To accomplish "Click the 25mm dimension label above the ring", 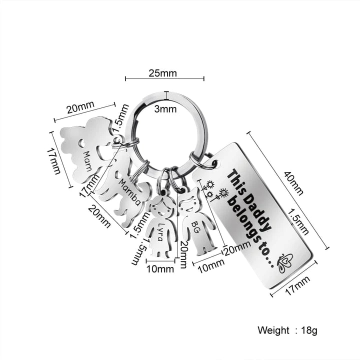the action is coord(163,73).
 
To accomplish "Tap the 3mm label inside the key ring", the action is coord(165,109).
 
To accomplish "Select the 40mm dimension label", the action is coord(294,183).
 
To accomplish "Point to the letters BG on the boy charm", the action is coord(195,227).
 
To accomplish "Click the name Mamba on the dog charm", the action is coord(129,192).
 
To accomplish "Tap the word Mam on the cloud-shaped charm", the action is coord(87,161).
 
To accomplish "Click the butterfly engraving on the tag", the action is coord(285,262).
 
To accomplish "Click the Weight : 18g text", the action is coord(287,330).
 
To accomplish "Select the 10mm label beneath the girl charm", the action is coord(160,268).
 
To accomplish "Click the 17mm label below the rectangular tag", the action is coord(297,285).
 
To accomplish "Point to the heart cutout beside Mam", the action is coord(81,143).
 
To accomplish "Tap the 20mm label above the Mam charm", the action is coord(80,107).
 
